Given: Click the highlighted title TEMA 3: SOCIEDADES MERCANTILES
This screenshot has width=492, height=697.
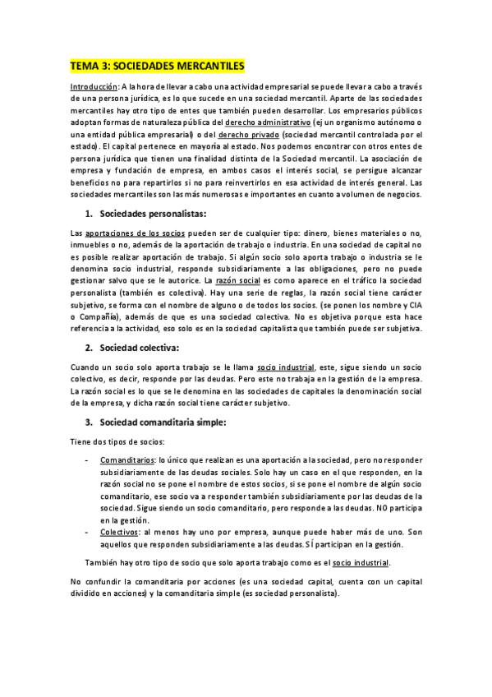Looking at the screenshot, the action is pyautogui.click(x=157, y=64).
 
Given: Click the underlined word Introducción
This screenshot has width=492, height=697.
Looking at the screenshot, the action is pyautogui.click(x=93, y=85).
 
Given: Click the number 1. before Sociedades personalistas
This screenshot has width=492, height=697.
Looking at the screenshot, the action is pyautogui.click(x=89, y=214).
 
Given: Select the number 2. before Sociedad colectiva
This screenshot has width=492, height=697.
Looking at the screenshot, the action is pyautogui.click(x=89, y=347).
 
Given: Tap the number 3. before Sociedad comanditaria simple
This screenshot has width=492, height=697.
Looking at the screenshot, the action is pyautogui.click(x=89, y=422).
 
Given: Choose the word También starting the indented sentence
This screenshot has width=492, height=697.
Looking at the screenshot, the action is pyautogui.click(x=101, y=563).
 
